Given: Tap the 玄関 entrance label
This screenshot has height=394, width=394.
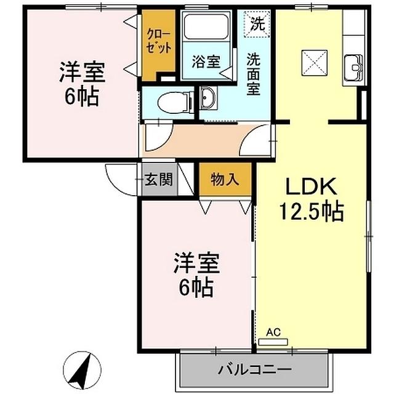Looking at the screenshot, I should [158, 180].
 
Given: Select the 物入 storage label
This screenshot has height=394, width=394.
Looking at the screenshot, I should [224, 179].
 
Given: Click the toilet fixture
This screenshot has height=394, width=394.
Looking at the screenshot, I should [172, 100].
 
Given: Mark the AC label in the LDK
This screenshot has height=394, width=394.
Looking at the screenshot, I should [273, 333].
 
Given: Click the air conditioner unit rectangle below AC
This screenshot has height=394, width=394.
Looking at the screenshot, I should [274, 341].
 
